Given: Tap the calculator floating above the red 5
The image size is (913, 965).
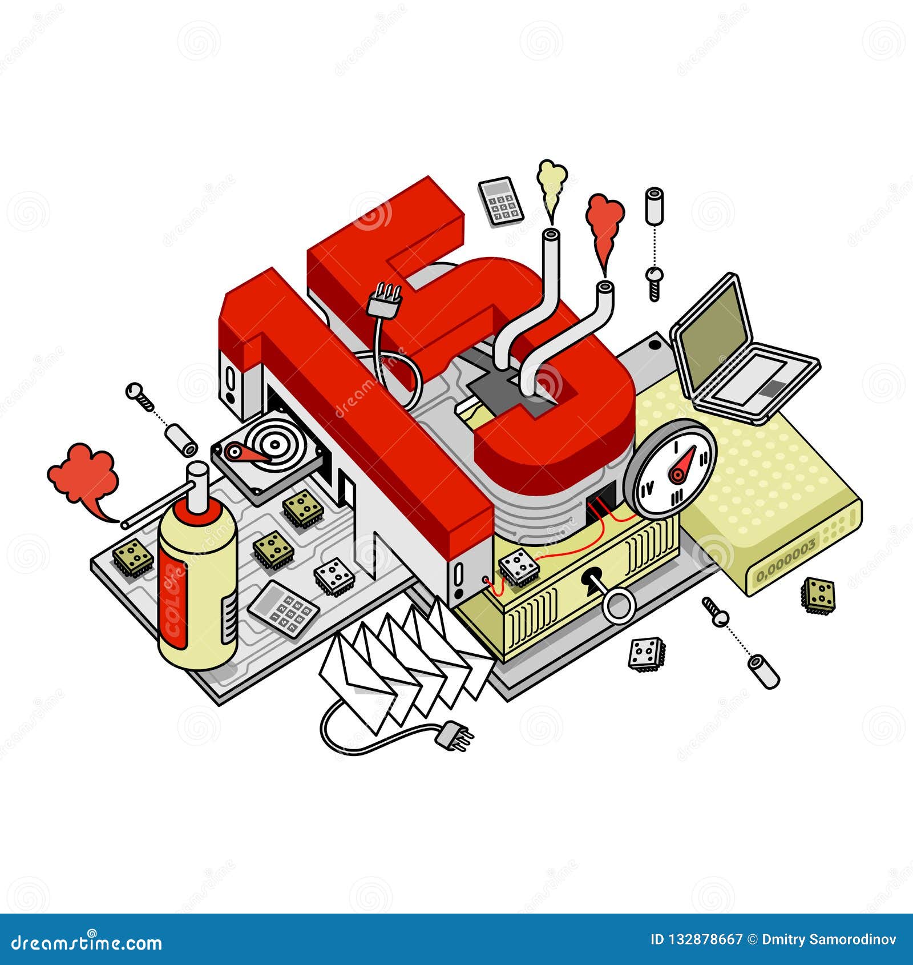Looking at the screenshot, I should (x=501, y=201).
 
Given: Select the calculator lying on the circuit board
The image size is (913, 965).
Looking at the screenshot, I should (x=283, y=609).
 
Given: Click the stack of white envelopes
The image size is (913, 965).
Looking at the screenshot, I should (x=399, y=662).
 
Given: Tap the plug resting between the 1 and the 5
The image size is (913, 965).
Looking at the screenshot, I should (x=386, y=300).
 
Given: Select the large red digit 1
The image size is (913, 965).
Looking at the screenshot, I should (x=354, y=400).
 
